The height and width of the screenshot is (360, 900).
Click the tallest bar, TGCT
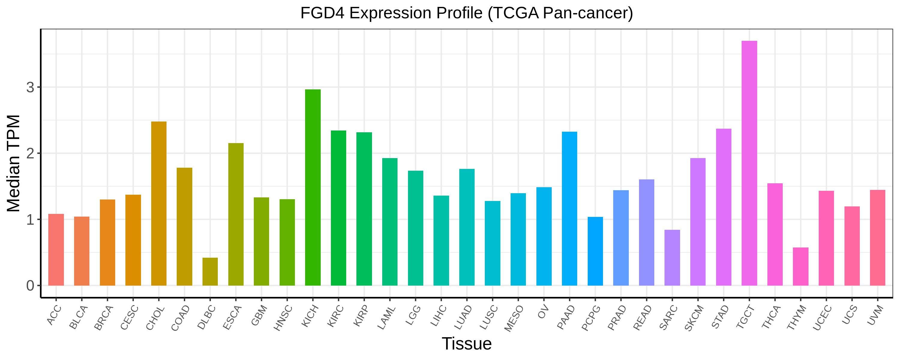(749, 163)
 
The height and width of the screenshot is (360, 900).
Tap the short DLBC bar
(210, 271)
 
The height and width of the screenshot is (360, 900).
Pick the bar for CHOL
(159, 203)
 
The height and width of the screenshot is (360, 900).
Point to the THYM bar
(801, 266)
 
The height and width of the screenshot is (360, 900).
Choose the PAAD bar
(569, 209)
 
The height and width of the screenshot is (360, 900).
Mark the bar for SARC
(672, 258)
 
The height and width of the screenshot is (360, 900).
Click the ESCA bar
(236, 214)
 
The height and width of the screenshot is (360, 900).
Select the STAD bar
(724, 207)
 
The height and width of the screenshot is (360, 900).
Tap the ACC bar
(56, 250)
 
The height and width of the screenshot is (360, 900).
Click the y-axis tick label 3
(30, 87)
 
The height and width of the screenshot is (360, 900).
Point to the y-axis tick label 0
(30, 286)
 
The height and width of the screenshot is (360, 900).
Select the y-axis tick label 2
(30, 153)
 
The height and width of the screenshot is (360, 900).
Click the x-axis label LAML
(386, 318)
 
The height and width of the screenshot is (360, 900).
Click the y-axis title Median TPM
(14, 163)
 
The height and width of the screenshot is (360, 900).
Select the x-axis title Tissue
(467, 343)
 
